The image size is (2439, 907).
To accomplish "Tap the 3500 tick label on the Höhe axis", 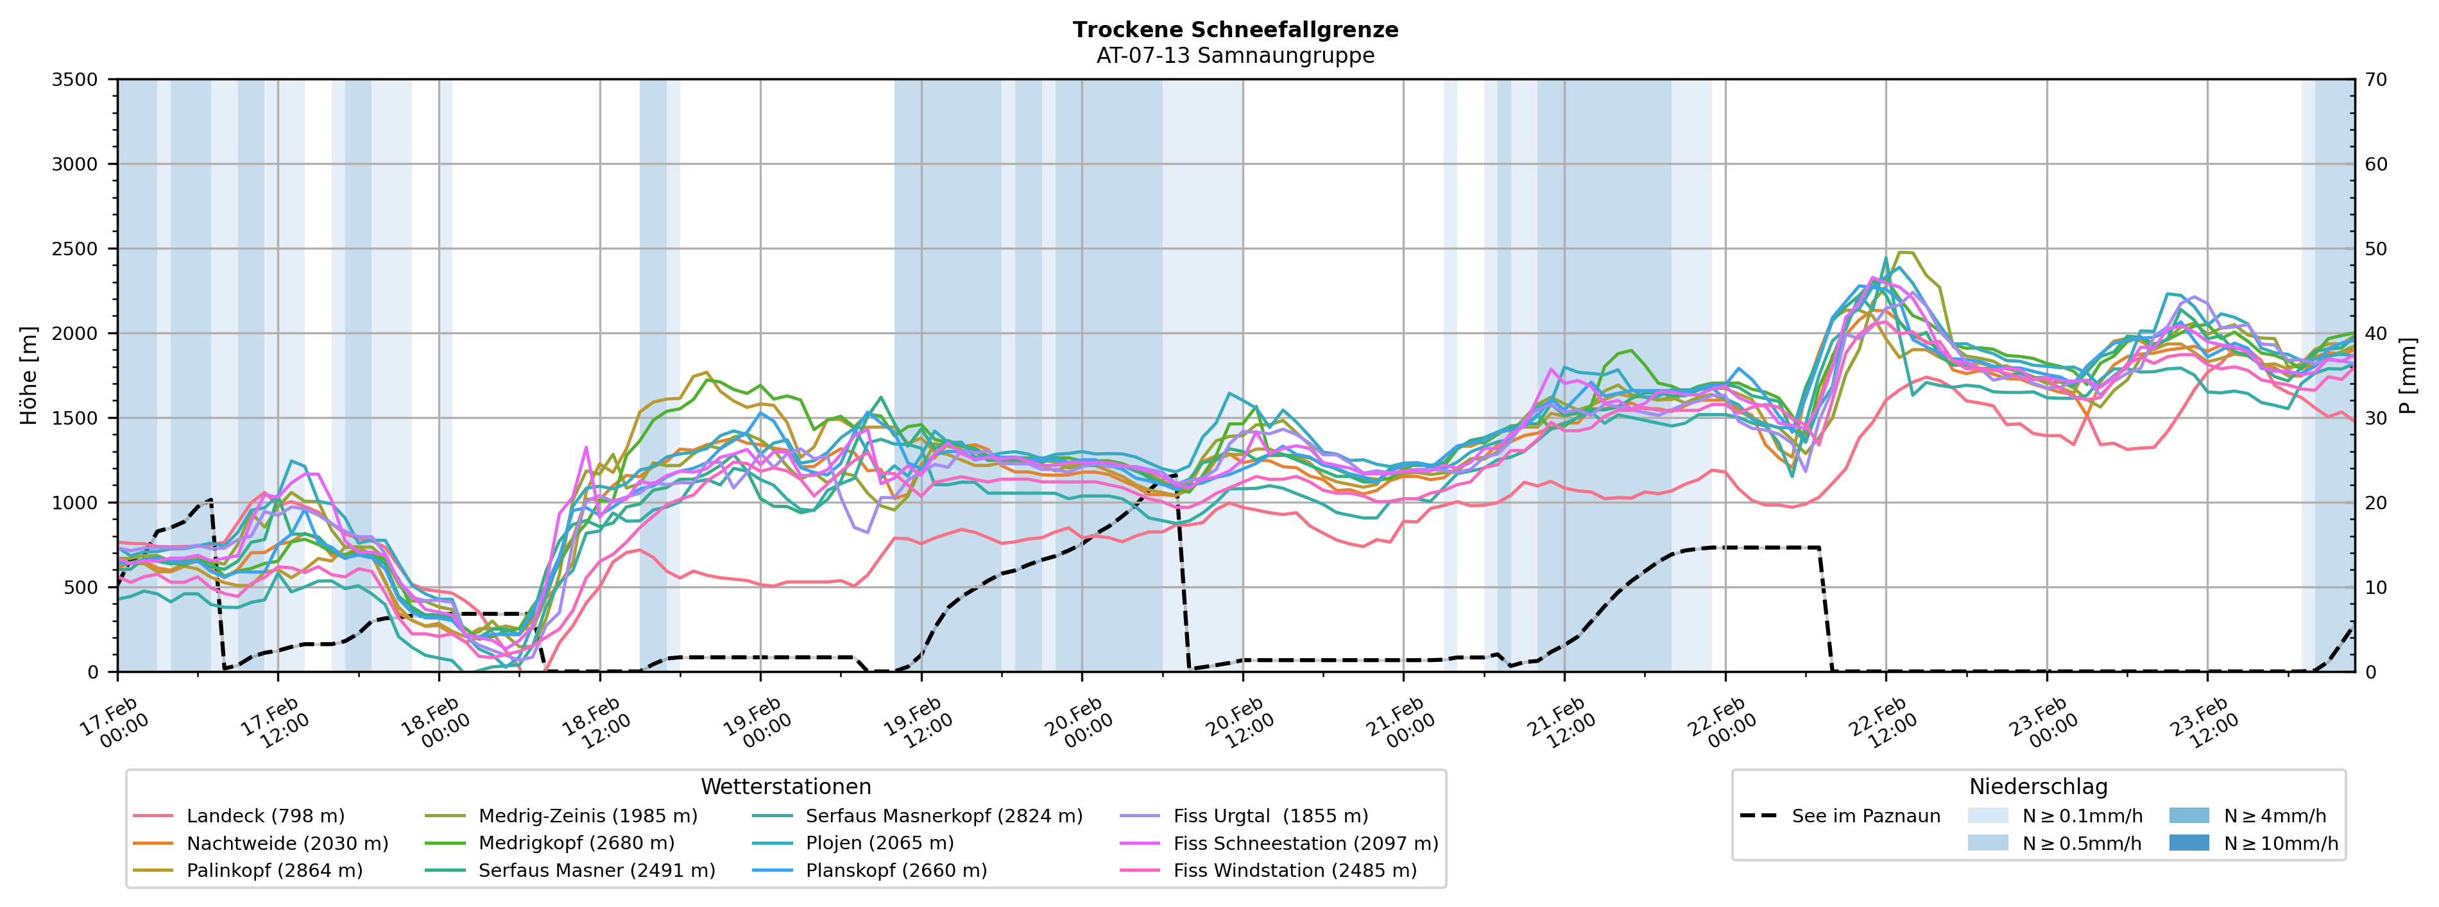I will coord(75,80).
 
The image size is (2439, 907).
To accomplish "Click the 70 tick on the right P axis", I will coord(2377,80).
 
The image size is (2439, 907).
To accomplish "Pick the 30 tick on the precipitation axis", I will coord(2377,418).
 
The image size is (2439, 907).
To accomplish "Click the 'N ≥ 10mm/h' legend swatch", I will coord(2188,843).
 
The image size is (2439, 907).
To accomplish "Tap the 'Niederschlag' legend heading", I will coord(2037,787).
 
